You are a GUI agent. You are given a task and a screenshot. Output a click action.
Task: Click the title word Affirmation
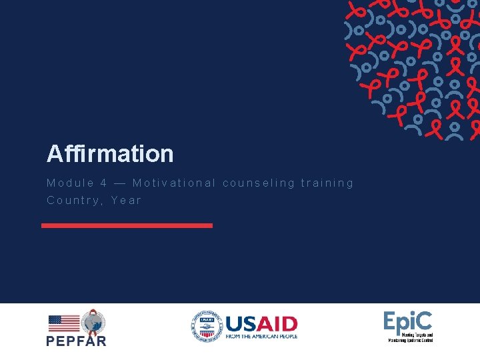point(110,154)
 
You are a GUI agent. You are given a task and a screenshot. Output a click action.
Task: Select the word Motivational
point(174,183)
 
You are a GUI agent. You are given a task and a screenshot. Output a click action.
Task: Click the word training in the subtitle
point(327,183)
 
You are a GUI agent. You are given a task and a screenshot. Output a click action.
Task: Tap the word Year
point(127,200)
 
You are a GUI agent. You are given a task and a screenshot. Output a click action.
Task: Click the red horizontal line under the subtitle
point(127,225)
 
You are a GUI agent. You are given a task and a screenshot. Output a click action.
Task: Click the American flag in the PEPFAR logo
point(64,323)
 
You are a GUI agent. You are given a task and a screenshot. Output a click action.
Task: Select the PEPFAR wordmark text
point(76,340)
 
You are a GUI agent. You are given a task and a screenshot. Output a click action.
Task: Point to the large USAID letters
point(261,324)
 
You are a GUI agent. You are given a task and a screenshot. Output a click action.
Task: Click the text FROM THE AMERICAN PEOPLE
point(261,337)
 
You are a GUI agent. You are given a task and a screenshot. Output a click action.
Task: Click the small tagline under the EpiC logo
point(411,337)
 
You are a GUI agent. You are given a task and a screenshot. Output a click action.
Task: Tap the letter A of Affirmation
point(54,154)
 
